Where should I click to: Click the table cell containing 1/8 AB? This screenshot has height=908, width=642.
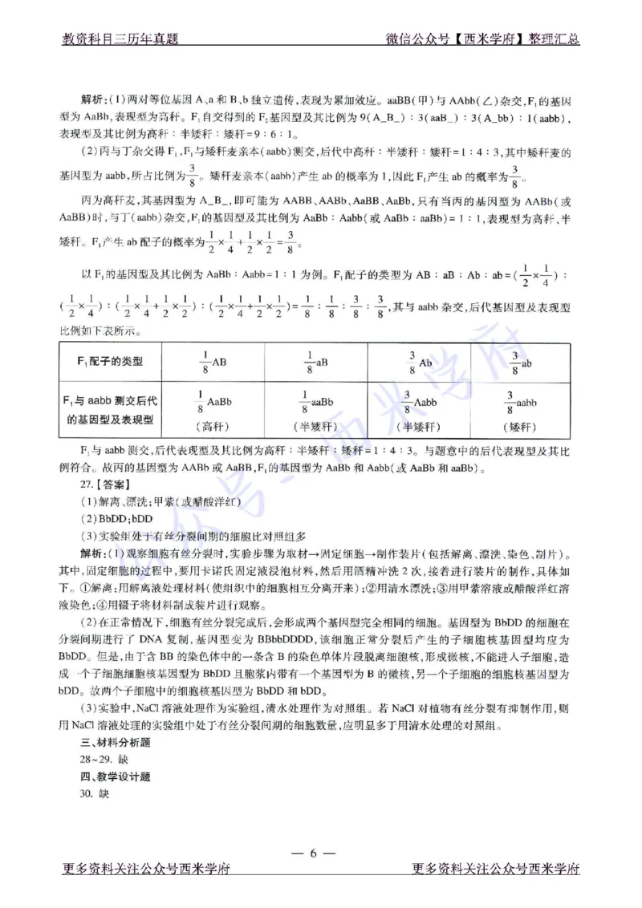(212, 363)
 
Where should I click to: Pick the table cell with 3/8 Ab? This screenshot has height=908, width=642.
(419, 363)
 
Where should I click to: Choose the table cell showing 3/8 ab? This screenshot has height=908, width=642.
(523, 363)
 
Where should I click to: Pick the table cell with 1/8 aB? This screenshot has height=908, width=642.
(315, 363)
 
